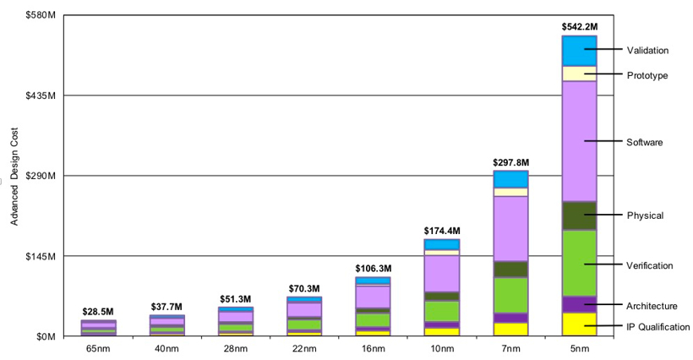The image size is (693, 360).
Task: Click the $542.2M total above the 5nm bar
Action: [x=579, y=27]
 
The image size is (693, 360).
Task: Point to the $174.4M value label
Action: [x=442, y=231]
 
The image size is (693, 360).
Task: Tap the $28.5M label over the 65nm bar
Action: [x=99, y=313]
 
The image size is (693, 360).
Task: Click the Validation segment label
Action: [x=647, y=51]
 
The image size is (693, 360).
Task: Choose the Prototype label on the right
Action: [x=647, y=75]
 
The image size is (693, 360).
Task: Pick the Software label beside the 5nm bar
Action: [x=645, y=142]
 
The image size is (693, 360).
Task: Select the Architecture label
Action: [x=652, y=305]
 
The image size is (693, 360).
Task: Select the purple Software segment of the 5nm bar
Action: [x=579, y=141]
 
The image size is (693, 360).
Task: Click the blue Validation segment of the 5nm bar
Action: [x=579, y=51]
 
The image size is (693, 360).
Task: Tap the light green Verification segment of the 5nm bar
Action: [x=579, y=263]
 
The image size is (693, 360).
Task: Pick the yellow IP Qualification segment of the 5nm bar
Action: [x=579, y=325]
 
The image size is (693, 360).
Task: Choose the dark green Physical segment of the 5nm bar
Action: [x=579, y=215]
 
